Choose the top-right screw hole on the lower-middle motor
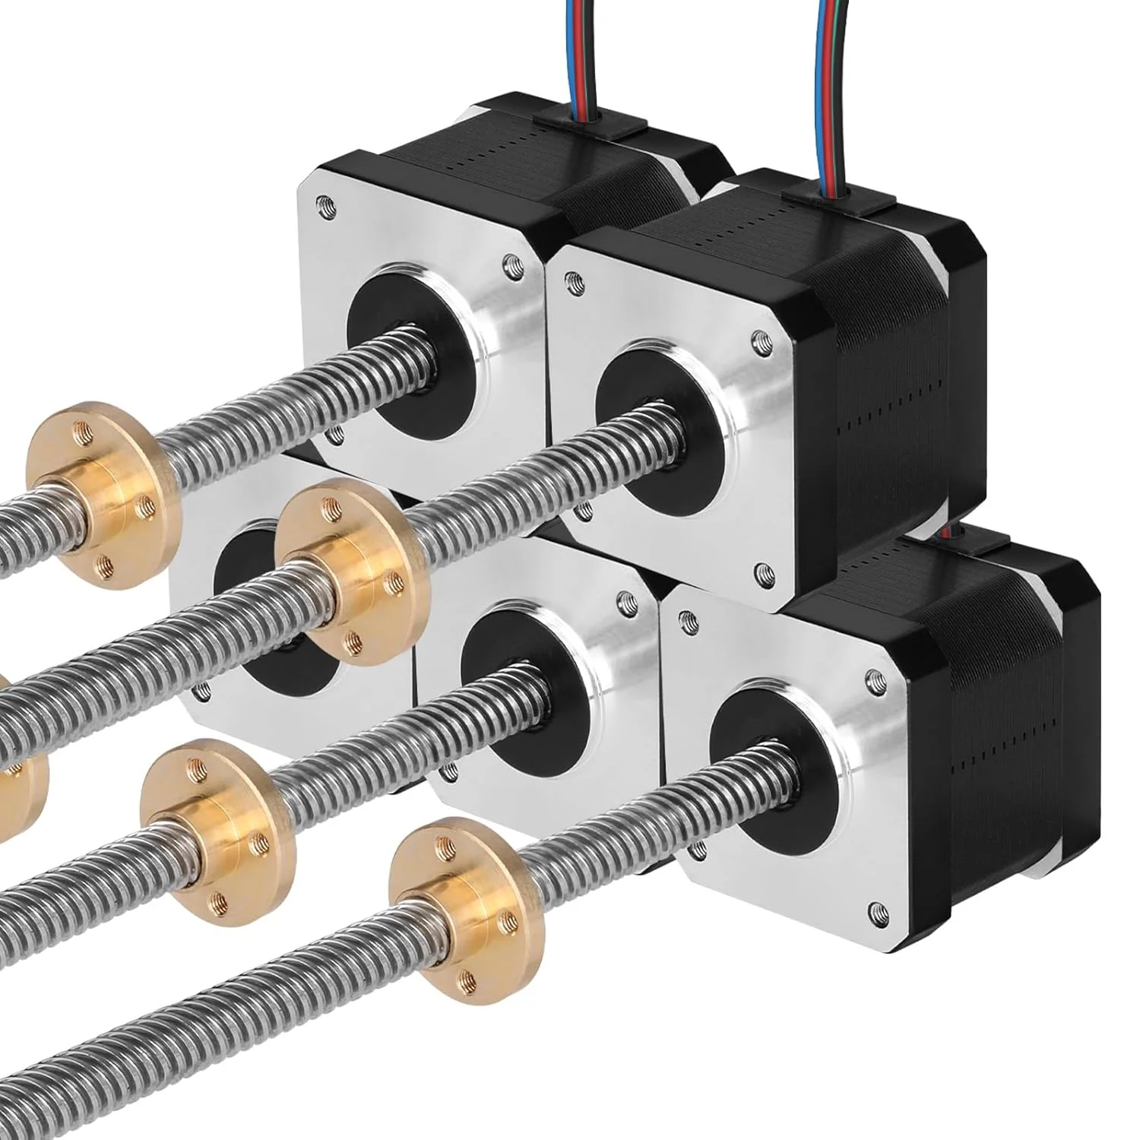(x=625, y=601)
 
